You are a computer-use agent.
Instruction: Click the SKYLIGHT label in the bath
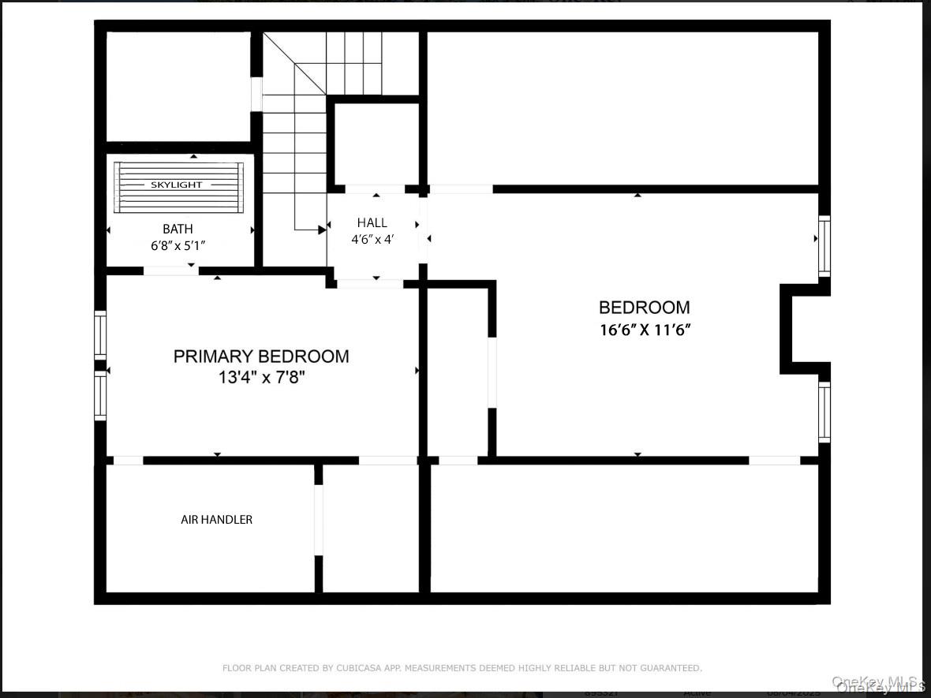[x=177, y=185]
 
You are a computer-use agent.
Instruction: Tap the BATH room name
[x=178, y=230]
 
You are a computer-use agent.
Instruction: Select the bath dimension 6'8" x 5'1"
[x=178, y=245]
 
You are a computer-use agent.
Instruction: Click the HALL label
[x=372, y=222]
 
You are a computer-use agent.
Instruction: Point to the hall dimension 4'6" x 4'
[x=372, y=239]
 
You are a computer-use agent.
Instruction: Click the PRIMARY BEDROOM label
[x=261, y=356]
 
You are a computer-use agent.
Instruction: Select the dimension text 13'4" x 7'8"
[x=261, y=378]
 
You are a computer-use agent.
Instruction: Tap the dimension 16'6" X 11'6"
[x=645, y=330]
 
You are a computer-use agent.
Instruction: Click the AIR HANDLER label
[x=217, y=520]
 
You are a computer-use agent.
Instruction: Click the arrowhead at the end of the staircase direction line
[x=322, y=230]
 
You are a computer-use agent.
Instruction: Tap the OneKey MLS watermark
[x=878, y=683]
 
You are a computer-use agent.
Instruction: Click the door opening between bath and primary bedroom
[x=170, y=271]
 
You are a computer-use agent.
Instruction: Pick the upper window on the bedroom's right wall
[x=824, y=246]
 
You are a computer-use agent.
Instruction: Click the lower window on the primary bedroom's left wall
[x=100, y=395]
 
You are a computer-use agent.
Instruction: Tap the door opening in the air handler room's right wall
[x=319, y=520]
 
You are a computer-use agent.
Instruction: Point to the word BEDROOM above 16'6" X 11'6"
[x=645, y=308]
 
